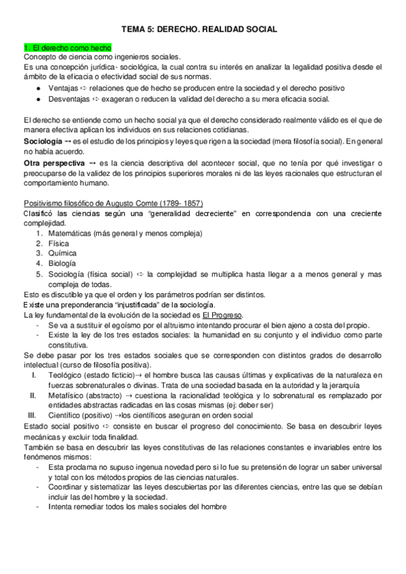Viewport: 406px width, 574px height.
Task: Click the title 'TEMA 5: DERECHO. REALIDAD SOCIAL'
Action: coord(203,30)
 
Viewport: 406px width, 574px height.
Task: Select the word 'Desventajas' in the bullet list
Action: coord(68,99)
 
